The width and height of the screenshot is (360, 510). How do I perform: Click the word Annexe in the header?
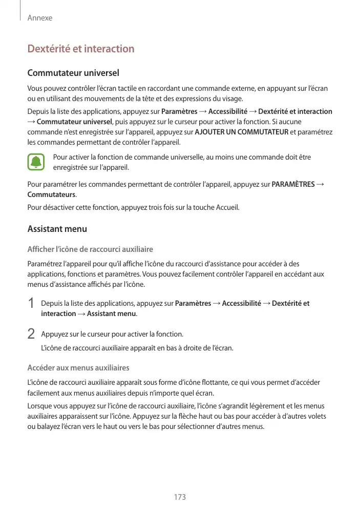coord(40,18)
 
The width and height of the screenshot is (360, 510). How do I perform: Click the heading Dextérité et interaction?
coord(81,49)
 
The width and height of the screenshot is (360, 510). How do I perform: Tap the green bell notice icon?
coord(36,162)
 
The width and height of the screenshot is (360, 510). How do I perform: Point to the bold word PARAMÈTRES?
coord(293,185)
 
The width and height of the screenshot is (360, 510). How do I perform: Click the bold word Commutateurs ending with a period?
coord(51,195)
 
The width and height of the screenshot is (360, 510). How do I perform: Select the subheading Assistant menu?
coord(57,229)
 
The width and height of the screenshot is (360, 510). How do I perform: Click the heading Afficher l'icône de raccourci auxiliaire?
coord(90,249)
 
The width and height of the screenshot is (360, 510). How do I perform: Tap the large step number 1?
coord(31,303)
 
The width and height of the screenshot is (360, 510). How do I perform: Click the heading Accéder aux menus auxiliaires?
coord(78,368)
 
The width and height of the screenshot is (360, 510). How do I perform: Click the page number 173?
coord(180,497)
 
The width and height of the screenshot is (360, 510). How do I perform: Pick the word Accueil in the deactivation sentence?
coord(227,208)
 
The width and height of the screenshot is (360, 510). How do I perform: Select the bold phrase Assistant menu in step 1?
coord(111,313)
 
